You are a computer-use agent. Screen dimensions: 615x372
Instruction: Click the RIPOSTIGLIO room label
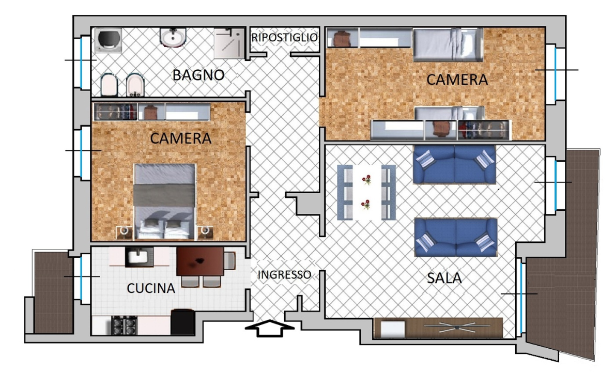284,38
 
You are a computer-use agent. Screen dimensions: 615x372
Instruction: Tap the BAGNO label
198,75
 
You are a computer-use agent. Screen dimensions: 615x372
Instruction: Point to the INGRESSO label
284,275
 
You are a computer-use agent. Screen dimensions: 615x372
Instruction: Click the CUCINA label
151,288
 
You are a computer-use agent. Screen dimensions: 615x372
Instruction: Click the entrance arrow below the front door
269,329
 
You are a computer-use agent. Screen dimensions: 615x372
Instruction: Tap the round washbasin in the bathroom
173,38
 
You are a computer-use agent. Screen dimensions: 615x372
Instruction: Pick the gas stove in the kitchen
125,326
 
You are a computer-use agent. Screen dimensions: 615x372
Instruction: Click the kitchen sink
139,257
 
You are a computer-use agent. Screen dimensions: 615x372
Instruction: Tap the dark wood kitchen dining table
200,261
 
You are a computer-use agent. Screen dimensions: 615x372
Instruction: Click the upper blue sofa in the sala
454,165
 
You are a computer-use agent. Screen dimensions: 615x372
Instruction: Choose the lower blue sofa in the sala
456,237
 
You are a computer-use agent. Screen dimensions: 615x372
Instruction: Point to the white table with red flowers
367,192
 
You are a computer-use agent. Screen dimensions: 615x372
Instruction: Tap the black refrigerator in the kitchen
183,322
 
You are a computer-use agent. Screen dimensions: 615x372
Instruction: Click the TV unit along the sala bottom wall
438,328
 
